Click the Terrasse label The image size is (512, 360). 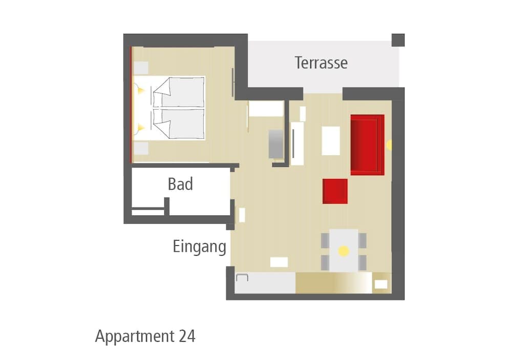pyautogui.click(x=321, y=62)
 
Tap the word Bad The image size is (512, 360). pyautogui.click(x=180, y=184)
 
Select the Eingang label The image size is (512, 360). pyautogui.click(x=200, y=247)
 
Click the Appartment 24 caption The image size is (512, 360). pyautogui.click(x=145, y=336)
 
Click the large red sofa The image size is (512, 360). pyautogui.click(x=367, y=145)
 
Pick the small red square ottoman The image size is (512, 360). pyautogui.click(x=335, y=191)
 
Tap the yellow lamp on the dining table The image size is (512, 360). pyautogui.click(x=344, y=251)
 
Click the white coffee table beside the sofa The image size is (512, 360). pyautogui.click(x=331, y=141)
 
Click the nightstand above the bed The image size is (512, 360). pyautogui.click(x=141, y=68)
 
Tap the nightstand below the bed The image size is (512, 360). pyautogui.click(x=141, y=149)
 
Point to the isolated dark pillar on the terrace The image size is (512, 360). pyautogui.click(x=398, y=40)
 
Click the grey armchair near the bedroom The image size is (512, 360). pyautogui.click(x=276, y=144)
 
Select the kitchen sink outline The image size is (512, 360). pyautogui.click(x=242, y=278)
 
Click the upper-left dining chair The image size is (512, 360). pyautogui.click(x=325, y=241)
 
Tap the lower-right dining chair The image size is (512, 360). pyautogui.click(x=362, y=263)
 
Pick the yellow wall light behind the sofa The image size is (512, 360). pyautogui.click(x=389, y=145)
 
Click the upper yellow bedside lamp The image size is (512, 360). pyautogui.click(x=141, y=90)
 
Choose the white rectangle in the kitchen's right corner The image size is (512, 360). pyautogui.click(x=381, y=284)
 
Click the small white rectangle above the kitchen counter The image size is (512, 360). pyautogui.click(x=279, y=262)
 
